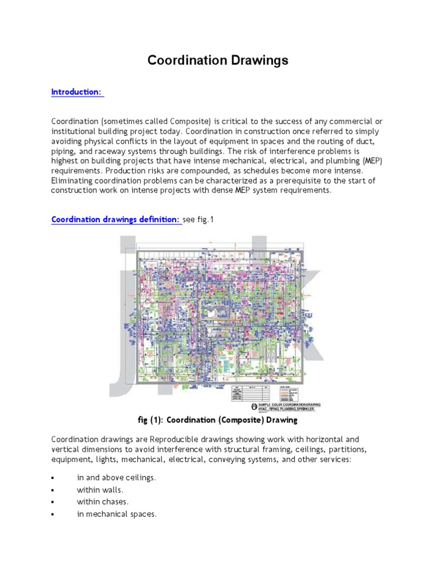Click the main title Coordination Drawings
(218, 61)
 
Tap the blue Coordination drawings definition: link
(116, 219)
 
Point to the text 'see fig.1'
(200, 219)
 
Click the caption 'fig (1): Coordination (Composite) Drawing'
(217, 420)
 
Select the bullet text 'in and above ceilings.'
(116, 478)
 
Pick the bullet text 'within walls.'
(100, 489)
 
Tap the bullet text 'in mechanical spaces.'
(116, 514)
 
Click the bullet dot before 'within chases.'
(53, 502)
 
